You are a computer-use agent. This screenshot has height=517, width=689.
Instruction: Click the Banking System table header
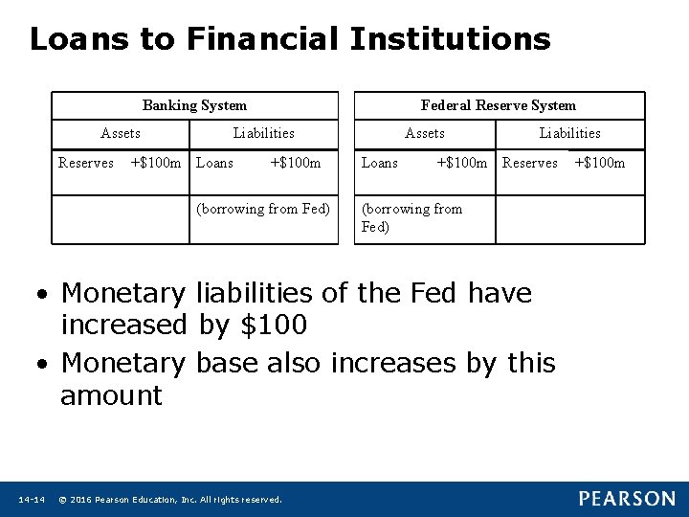194,105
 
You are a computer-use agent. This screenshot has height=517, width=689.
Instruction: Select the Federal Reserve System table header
499,105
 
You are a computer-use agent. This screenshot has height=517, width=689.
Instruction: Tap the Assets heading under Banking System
121,133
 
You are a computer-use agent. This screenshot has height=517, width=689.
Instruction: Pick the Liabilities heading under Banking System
263,133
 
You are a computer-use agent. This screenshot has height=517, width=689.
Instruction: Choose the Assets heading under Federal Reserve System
425,133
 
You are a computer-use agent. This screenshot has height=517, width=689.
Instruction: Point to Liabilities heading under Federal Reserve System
569,133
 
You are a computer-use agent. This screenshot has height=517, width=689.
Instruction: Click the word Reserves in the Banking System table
86,163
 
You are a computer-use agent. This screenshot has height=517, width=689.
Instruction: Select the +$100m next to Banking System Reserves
155,163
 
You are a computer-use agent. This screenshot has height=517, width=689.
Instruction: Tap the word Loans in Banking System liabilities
214,163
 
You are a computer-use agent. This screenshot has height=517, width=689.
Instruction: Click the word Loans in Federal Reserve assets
380,163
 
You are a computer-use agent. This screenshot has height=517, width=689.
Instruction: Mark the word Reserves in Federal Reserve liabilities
530,163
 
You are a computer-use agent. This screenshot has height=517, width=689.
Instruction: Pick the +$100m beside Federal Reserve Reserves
599,163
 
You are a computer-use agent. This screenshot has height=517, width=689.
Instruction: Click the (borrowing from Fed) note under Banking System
263,209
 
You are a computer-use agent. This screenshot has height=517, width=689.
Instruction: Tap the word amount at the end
111,395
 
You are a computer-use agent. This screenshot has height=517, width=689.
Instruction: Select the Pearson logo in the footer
627,499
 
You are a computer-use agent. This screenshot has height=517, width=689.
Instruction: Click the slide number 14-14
32,500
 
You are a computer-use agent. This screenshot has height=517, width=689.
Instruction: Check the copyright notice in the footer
170,500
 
